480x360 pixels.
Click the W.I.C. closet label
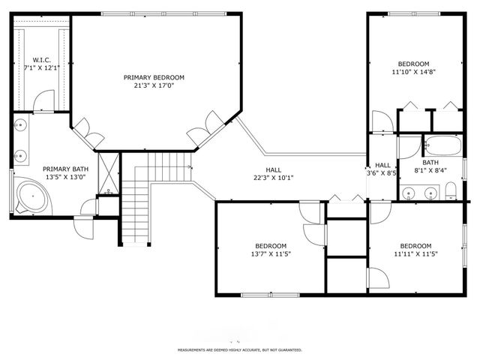[x=40, y=59]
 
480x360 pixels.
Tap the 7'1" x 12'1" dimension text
[x=40, y=67]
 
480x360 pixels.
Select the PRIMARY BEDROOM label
[x=154, y=77]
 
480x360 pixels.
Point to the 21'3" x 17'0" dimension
[x=154, y=85]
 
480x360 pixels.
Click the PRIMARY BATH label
[x=62, y=169]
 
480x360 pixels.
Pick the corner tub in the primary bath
[x=31, y=196]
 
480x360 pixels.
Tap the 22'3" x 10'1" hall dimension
[x=273, y=178]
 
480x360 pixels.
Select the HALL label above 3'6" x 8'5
[x=382, y=165]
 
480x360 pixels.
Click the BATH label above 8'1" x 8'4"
[x=430, y=162]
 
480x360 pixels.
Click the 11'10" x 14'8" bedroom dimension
[x=413, y=73]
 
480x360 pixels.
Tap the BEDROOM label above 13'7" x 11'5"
[x=270, y=246]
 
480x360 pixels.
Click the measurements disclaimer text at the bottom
[x=239, y=350]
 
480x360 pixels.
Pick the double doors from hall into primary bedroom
[x=204, y=132]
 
